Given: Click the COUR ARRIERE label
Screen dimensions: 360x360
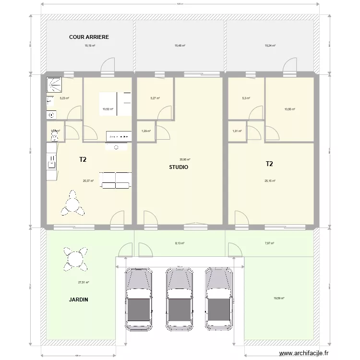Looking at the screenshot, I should coord(89,37).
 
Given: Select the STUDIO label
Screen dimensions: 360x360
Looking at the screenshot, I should coord(179,168).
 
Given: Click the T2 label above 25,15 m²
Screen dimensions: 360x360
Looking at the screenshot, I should coord(269,164).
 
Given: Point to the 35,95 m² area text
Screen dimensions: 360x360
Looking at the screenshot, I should coord(185,160).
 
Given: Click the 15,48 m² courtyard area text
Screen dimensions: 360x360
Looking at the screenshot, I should coord(180,46).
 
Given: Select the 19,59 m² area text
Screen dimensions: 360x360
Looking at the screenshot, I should coord(279,298).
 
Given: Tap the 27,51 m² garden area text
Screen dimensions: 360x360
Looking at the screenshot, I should coord(84,282).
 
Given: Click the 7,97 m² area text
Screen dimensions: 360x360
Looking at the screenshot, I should coord(269,243).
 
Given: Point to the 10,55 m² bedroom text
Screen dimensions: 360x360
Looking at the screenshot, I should coord(289,109).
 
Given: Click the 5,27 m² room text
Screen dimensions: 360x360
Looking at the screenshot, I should coord(155,98).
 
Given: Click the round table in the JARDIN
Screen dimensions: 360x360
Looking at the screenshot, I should coord(75,258).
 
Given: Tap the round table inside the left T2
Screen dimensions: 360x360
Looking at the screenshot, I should coord(72,203).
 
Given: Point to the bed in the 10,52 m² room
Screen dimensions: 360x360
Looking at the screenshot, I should coord(115,103).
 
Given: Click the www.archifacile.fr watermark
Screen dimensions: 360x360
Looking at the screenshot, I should coord(305,353).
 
